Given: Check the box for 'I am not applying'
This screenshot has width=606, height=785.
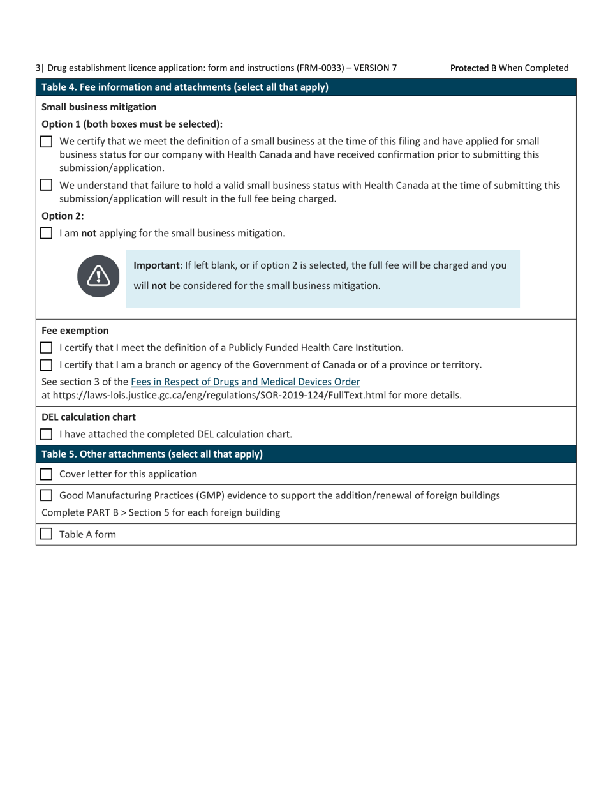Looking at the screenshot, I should (47, 234).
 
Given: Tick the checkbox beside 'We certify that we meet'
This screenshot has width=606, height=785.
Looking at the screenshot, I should (47, 142).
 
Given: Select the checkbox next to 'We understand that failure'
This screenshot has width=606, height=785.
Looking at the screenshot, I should (47, 186).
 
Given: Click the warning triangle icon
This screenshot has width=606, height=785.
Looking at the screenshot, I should (99, 276).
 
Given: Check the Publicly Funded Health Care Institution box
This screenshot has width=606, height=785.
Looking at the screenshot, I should (47, 348).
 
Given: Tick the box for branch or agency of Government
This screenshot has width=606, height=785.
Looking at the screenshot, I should (47, 365).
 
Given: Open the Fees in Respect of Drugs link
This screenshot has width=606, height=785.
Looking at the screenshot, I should (245, 382).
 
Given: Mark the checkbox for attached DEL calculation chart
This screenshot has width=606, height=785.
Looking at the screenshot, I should (47, 435).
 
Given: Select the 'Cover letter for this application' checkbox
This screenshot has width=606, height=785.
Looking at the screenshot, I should (47, 474).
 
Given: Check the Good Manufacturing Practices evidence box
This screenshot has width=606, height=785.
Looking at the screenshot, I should (47, 495).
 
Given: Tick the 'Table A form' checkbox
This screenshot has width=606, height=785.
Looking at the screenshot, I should (47, 534).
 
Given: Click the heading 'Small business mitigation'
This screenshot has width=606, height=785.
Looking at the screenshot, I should (99, 107).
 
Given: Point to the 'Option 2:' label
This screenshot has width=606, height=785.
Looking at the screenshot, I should (63, 216).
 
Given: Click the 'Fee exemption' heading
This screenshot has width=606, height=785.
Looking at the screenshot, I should (75, 331).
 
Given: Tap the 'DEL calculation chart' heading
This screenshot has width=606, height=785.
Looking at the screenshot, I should (89, 417).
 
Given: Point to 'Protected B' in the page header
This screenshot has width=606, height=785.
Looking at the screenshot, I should (473, 68).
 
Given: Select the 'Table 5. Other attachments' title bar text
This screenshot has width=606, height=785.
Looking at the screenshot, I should (152, 454).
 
